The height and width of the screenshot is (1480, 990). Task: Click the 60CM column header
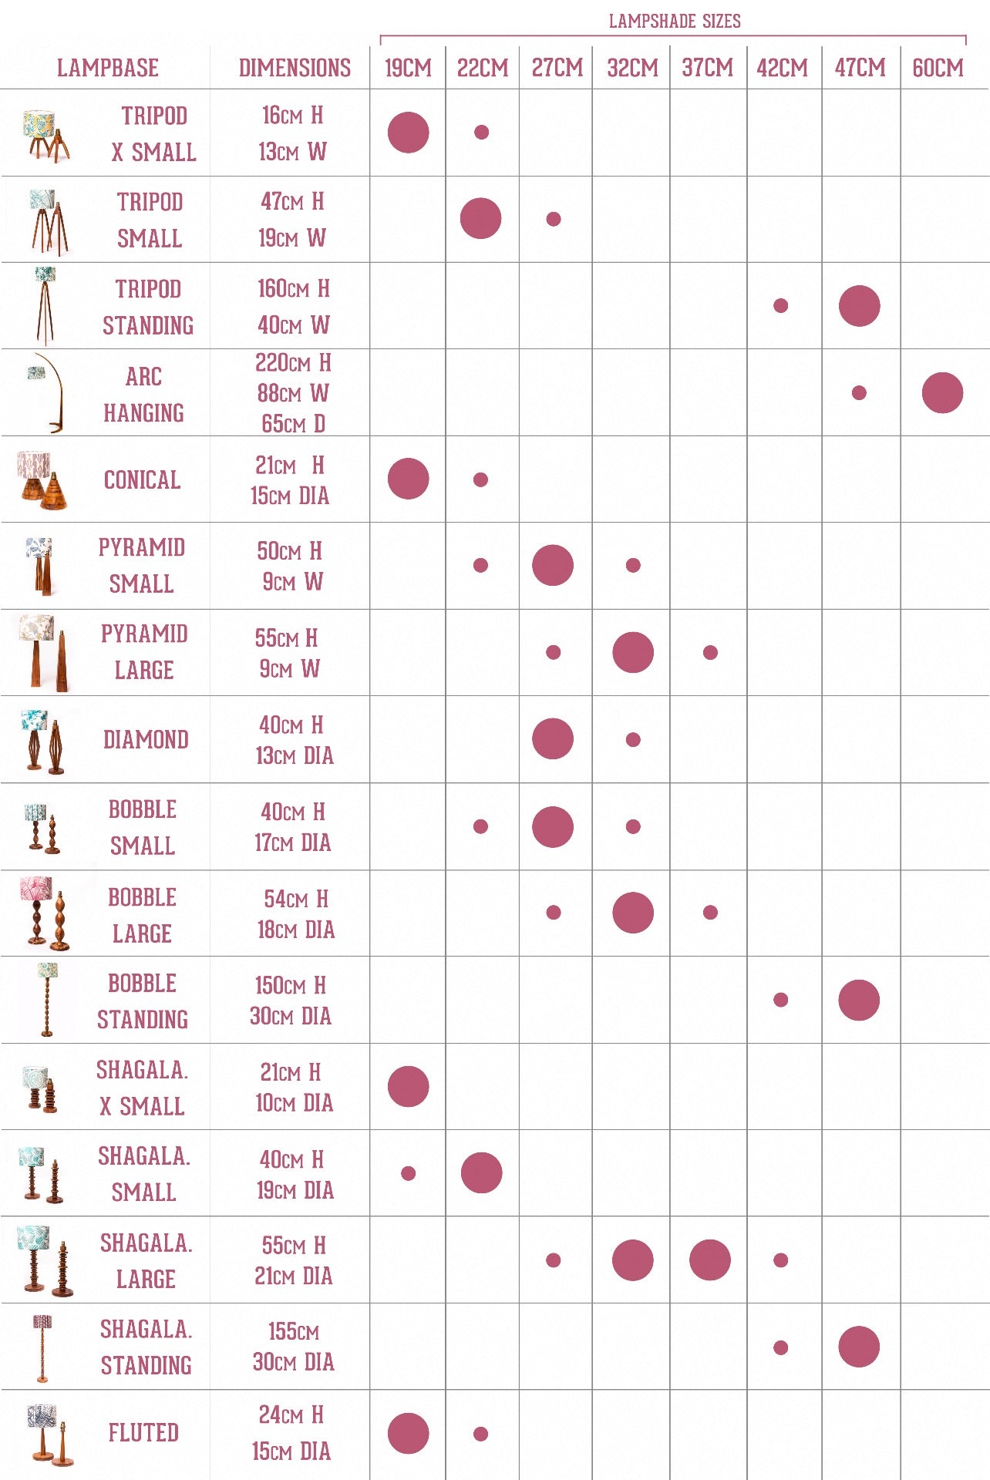tap(938, 68)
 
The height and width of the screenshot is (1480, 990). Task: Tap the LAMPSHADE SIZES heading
tap(675, 21)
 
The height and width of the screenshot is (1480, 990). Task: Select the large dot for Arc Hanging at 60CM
tap(942, 393)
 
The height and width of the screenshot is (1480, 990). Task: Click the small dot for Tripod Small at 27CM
tap(554, 219)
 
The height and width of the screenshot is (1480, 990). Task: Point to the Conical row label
tap(142, 479)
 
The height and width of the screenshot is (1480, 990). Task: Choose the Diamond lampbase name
tap(146, 739)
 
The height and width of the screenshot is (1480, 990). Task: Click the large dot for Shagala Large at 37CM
tap(710, 1260)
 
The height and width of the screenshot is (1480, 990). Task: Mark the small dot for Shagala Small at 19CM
tap(409, 1173)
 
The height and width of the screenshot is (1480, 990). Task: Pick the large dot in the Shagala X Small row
tap(409, 1086)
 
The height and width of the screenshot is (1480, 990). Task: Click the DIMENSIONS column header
tap(295, 68)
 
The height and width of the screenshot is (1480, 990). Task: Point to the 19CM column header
tap(408, 68)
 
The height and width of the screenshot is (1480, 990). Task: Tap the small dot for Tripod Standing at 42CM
tap(781, 306)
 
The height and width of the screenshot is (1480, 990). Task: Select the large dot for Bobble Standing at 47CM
tap(859, 1000)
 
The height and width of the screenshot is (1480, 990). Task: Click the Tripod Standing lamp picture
tap(45, 304)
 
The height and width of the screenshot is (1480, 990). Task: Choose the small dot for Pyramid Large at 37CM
tap(710, 652)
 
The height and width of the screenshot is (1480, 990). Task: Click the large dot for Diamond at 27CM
tap(553, 738)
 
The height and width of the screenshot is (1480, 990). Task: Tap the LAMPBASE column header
tap(108, 68)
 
